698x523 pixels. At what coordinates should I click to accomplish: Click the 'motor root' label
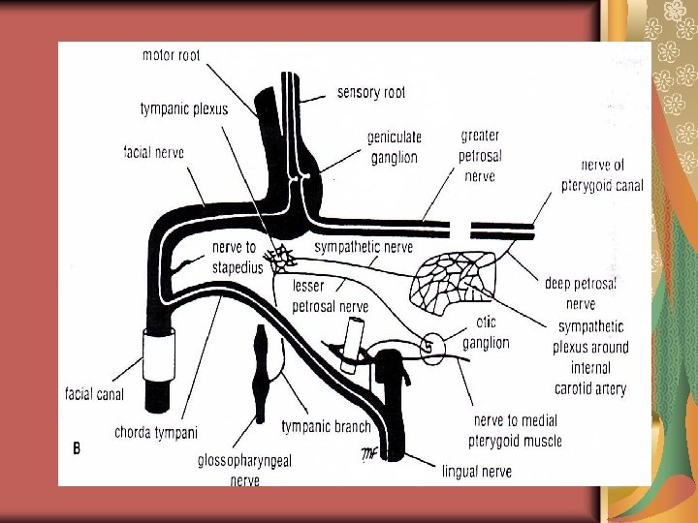click(171, 55)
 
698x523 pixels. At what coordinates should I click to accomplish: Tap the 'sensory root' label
click(371, 93)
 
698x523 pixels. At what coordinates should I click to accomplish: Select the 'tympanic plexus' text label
click(184, 108)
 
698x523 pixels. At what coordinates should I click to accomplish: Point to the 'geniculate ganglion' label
click(393, 147)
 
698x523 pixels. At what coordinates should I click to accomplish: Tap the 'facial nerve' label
click(154, 152)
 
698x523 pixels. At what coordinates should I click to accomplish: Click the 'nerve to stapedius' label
click(236, 258)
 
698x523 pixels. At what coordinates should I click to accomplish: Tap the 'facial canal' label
click(94, 394)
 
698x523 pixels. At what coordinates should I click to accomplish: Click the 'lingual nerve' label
click(477, 472)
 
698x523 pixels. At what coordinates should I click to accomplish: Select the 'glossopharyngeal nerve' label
click(244, 470)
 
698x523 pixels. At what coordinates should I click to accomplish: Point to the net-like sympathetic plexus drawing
click(454, 278)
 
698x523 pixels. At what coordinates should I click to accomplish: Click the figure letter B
click(77, 448)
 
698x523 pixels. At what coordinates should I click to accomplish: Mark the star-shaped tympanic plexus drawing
click(281, 258)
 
